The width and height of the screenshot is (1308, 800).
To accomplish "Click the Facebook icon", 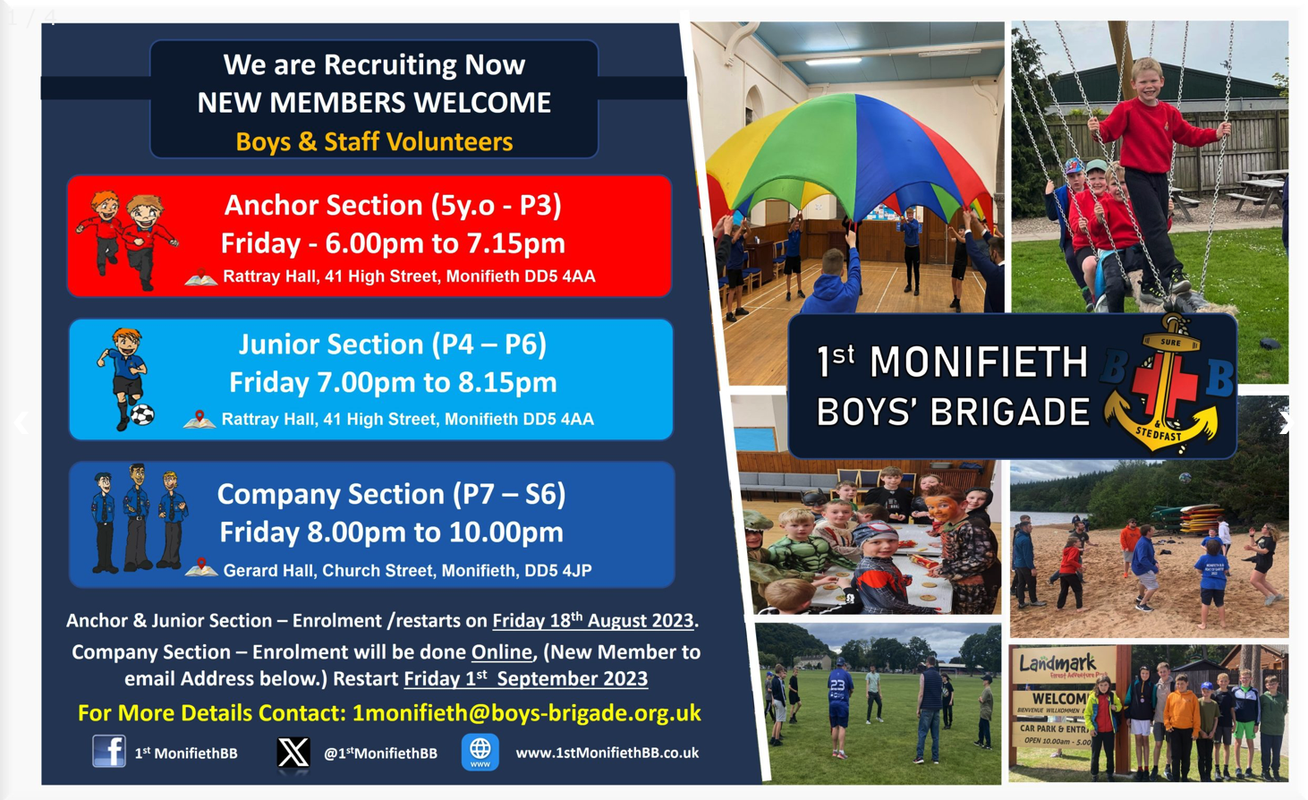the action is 109,751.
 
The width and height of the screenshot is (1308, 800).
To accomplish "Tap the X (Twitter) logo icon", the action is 293,752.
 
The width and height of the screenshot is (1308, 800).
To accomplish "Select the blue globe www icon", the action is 480,752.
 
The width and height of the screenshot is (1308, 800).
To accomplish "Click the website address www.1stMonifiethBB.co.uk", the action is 607,753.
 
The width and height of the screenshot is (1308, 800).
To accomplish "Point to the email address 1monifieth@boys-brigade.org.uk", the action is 527,713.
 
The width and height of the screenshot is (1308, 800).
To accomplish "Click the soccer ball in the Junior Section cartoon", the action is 142,414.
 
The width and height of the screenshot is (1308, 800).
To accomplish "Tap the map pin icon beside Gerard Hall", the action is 201,567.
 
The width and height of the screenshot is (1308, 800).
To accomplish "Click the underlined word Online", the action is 502,651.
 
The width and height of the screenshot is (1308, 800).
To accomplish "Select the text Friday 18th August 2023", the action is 593,619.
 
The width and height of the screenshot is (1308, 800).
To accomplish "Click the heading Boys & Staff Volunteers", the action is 374,142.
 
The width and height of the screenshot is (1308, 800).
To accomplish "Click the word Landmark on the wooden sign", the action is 1057,663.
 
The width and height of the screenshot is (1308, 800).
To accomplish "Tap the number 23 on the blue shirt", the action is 838,685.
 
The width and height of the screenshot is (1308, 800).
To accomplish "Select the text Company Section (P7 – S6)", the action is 391,494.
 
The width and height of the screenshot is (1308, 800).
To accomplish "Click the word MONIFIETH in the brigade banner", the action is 979,362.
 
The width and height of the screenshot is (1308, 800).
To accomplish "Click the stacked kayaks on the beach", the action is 1185,518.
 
